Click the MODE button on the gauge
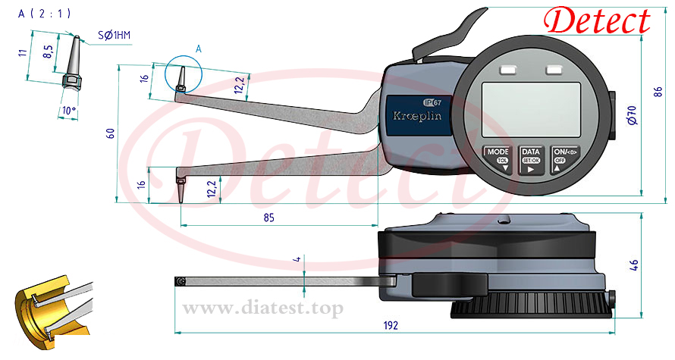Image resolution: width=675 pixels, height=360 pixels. [x=498, y=159]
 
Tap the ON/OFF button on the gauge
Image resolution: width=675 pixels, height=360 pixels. [x=565, y=159]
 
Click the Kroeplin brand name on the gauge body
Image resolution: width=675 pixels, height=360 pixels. [x=416, y=116]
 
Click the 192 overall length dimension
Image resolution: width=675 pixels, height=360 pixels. [x=391, y=326]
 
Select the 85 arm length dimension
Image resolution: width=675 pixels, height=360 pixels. [x=268, y=218]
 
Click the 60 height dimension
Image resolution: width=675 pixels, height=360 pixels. [x=111, y=133]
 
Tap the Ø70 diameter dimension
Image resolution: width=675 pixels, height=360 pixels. [x=632, y=115]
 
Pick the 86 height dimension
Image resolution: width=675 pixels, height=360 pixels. [x=658, y=92]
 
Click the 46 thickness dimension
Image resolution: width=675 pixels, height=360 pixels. [x=634, y=265]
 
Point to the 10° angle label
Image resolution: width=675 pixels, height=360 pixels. [x=68, y=111]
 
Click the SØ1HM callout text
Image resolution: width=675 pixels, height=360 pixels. [x=114, y=36]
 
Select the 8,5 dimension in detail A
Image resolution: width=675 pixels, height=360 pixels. [x=49, y=52]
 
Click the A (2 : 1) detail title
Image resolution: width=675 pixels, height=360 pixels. [x=44, y=14]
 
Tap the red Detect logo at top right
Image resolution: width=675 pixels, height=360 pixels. [x=597, y=20]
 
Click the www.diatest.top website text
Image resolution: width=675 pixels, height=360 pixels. [x=263, y=308]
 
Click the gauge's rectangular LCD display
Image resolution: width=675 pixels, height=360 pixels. [x=531, y=110]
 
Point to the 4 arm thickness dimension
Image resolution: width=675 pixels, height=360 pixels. [x=297, y=259]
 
